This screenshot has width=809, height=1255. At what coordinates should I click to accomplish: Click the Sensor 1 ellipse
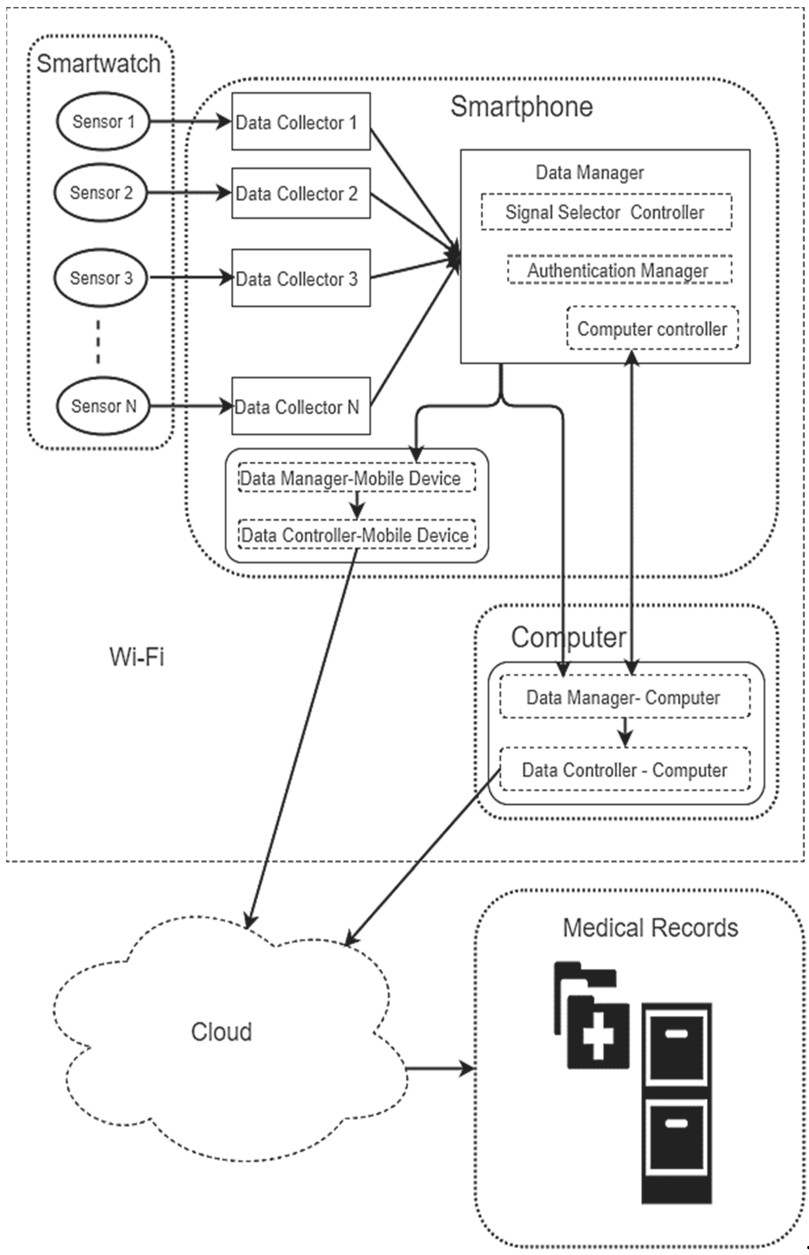coord(103,121)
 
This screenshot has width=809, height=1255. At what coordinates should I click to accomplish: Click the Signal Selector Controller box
coord(606,212)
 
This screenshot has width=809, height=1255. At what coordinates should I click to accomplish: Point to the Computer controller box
coord(652,328)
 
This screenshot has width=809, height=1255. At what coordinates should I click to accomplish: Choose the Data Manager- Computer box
coord(624,697)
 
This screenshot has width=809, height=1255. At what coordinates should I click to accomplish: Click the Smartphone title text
coord(522,106)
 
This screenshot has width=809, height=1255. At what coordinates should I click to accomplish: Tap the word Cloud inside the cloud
coord(221,1032)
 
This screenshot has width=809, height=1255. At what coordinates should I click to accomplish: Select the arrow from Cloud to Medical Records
coord(440,1068)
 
